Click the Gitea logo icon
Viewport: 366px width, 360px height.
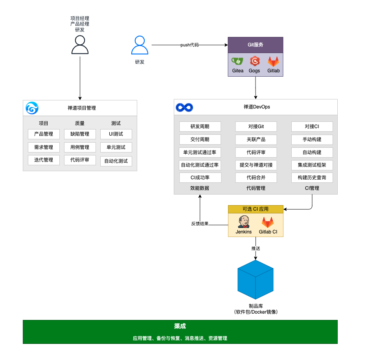coord(237,61)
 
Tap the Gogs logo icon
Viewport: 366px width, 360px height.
coord(254,61)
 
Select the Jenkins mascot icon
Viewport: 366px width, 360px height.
coord(244,222)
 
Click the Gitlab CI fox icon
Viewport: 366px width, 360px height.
coord(268,222)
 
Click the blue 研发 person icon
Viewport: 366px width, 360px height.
coord(140,45)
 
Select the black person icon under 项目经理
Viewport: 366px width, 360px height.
coord(80,44)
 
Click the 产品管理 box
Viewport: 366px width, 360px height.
coord(44,134)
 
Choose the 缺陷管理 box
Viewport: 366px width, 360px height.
coord(80,134)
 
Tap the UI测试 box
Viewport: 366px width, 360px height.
coord(116,134)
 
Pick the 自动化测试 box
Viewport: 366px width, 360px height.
coord(116,161)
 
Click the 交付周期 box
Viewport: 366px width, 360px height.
coord(200,140)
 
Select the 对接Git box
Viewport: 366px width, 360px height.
coord(256,127)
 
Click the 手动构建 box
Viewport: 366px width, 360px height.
coord(312,140)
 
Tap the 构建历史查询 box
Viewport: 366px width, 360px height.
coord(312,178)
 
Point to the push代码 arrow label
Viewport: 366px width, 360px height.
coord(189,45)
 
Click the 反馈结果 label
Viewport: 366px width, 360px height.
coord(200,224)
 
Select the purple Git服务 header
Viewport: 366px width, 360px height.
coord(256,45)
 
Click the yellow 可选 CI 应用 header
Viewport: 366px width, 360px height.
coord(256,209)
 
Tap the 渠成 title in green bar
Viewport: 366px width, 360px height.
coord(180,326)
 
